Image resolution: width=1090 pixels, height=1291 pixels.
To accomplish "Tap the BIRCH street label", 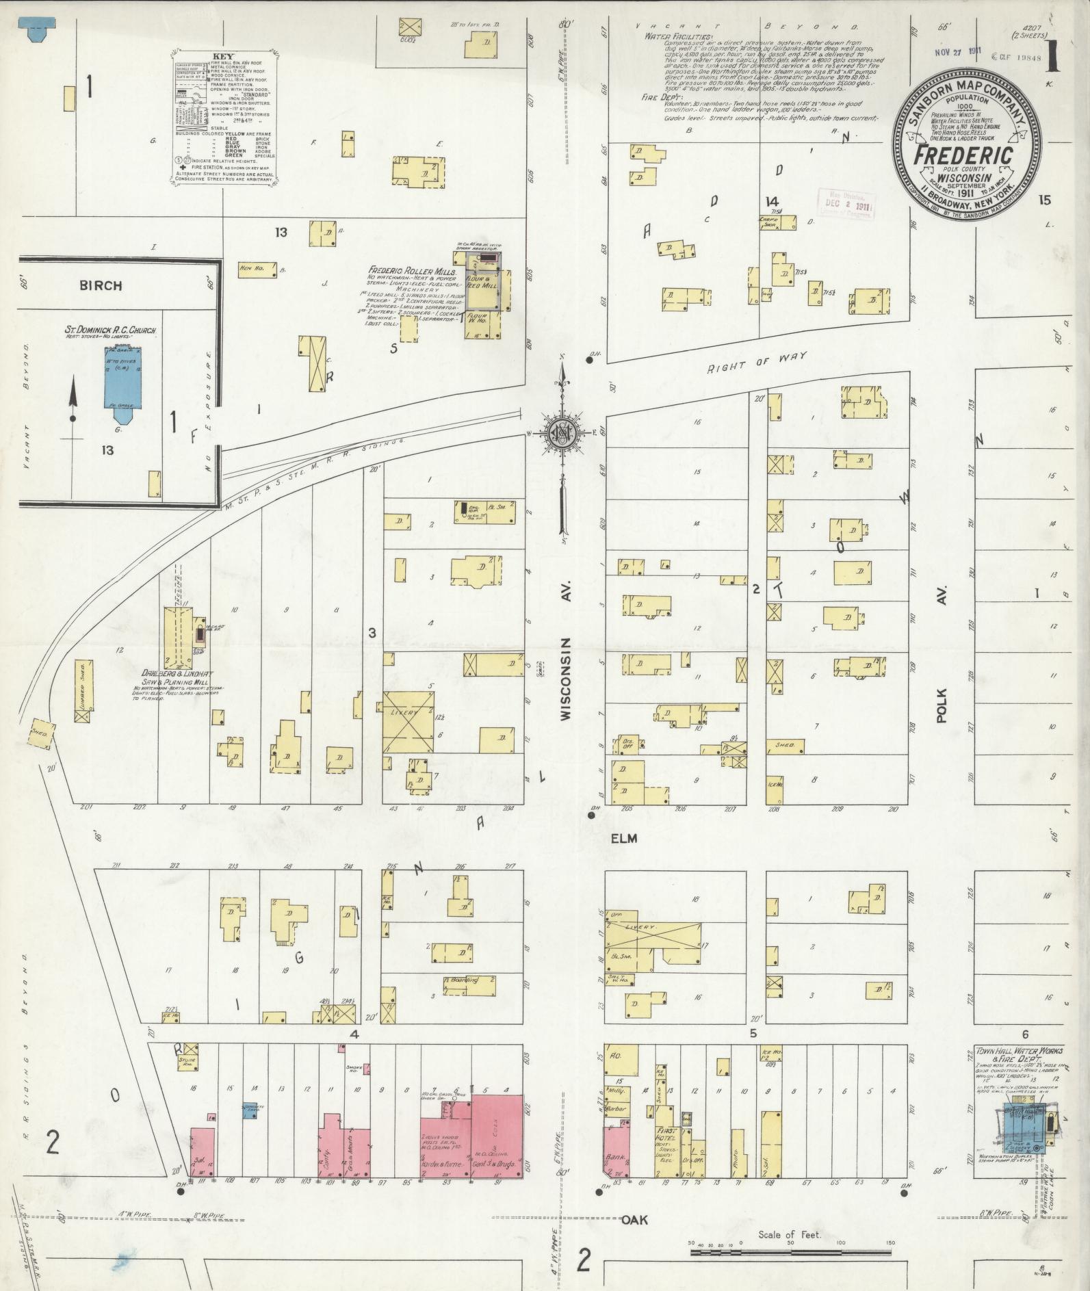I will coord(101,286).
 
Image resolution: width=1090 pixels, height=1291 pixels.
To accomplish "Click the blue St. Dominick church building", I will coord(120,377).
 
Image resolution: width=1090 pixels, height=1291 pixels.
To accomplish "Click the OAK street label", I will coord(634,1220).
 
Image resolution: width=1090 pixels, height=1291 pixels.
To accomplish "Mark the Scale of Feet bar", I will coord(790,1252).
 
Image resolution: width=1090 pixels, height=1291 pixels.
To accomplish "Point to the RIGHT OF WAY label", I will coord(757,363).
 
